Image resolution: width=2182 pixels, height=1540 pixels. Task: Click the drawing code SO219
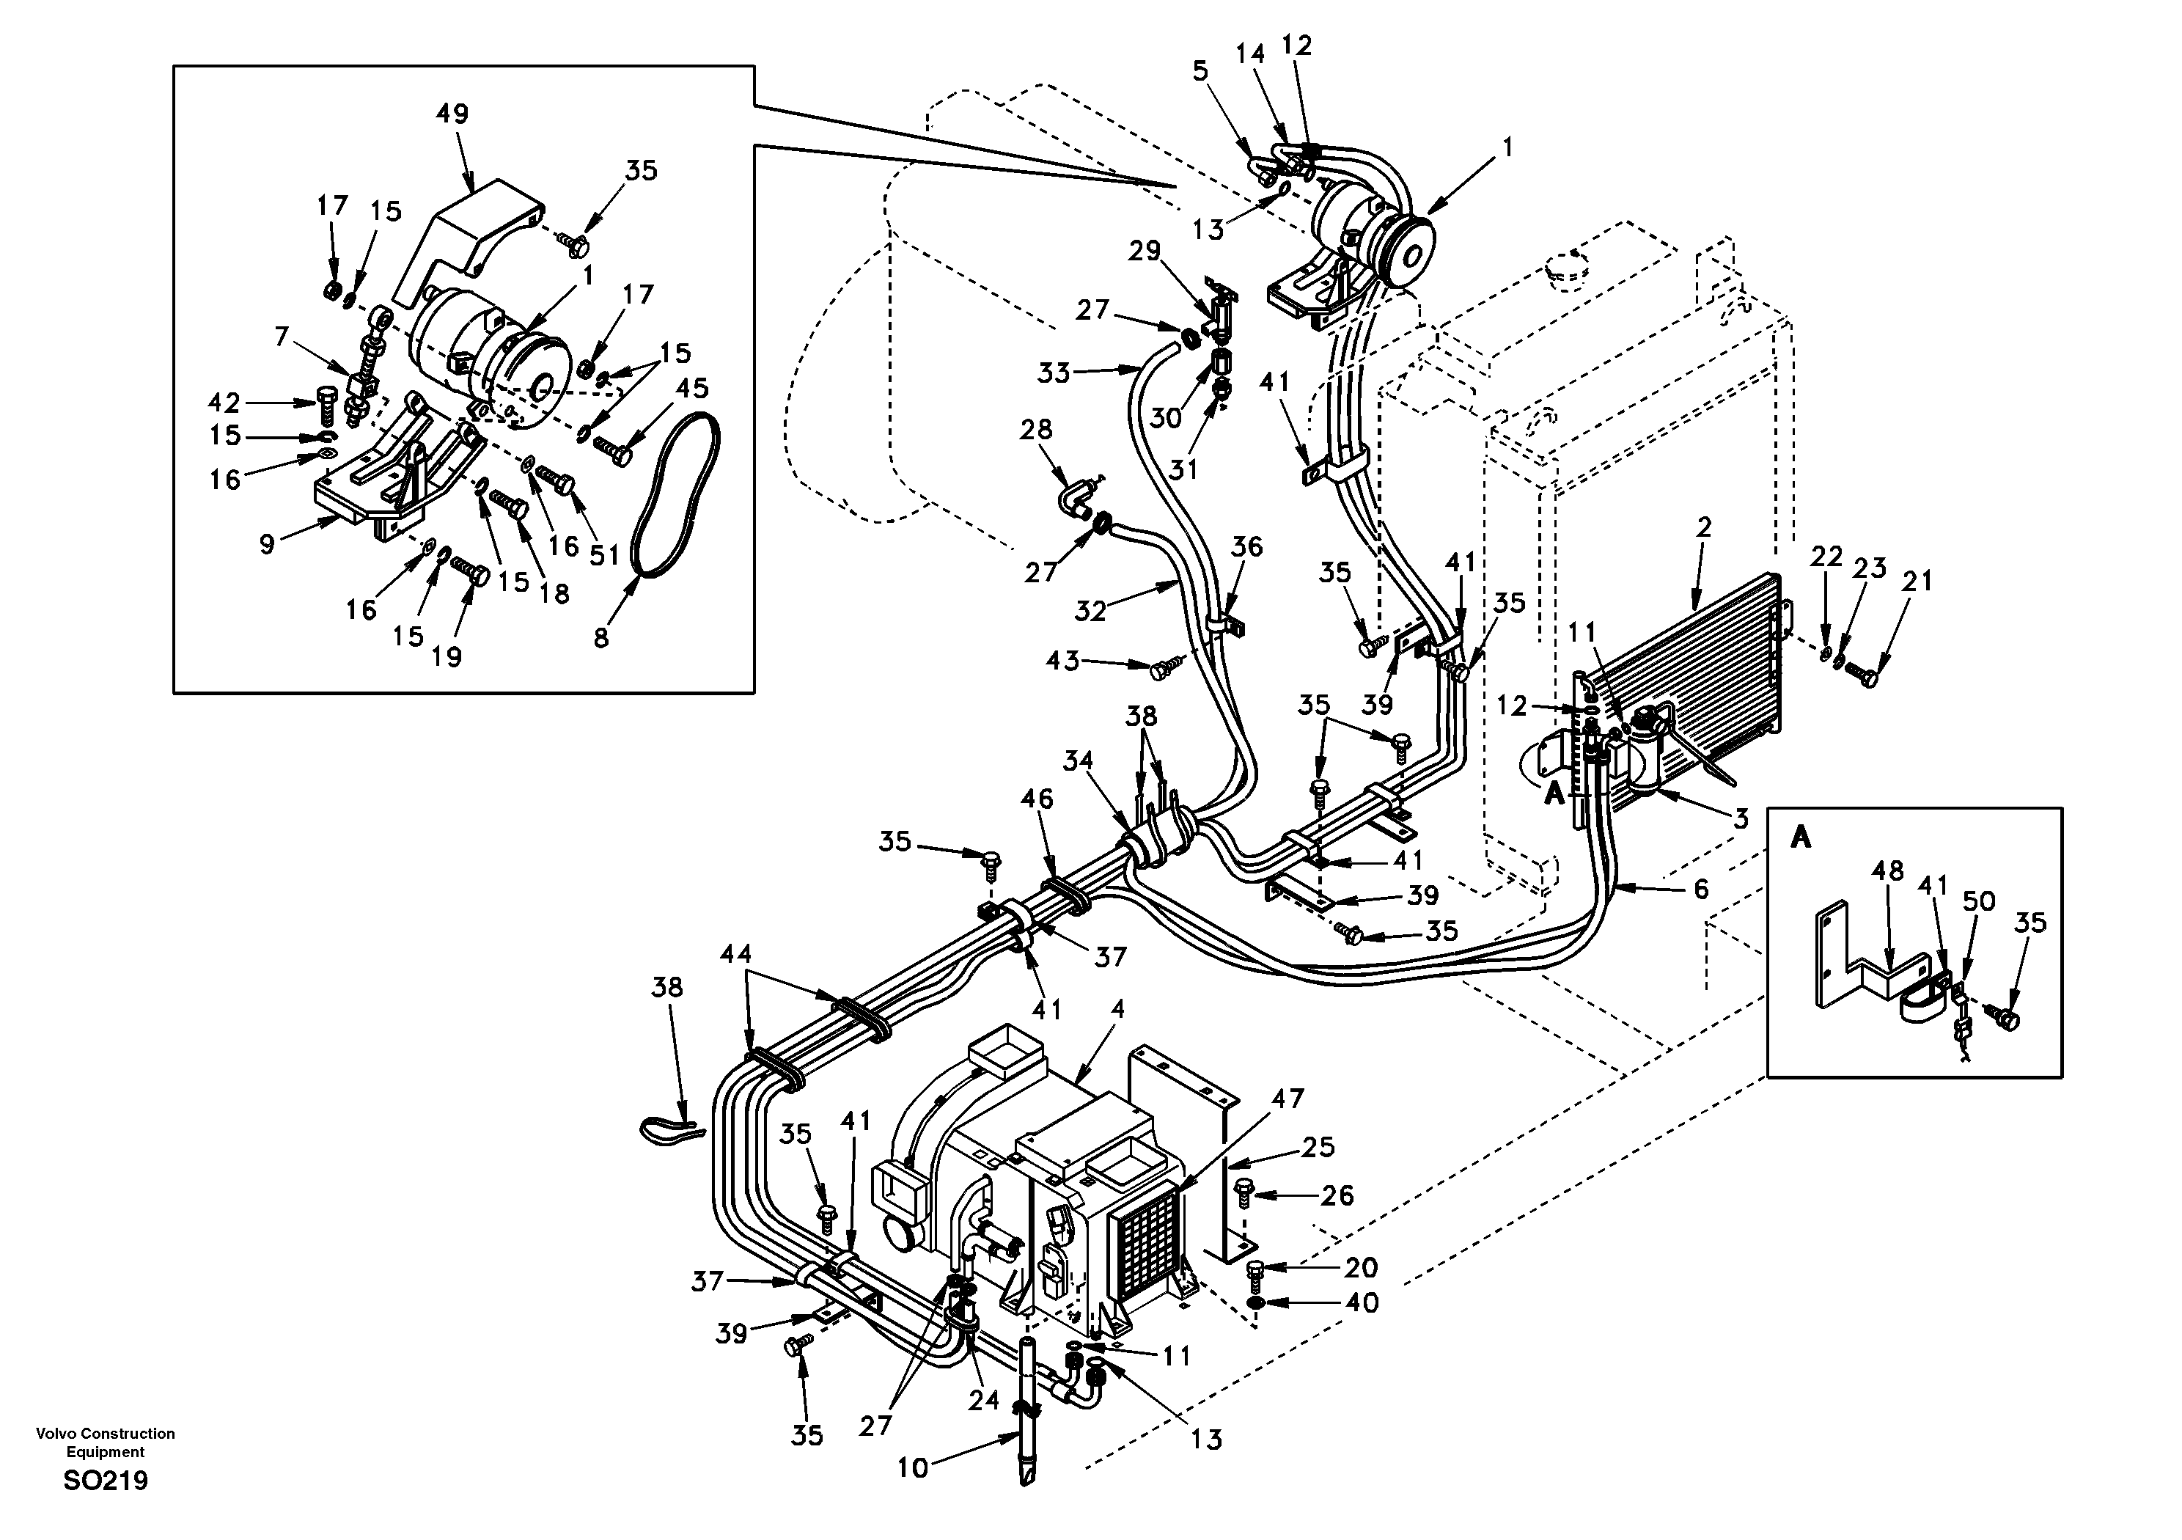[x=106, y=1481]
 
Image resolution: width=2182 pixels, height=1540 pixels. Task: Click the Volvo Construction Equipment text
[x=106, y=1442]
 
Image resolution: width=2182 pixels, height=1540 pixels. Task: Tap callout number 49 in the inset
[x=452, y=114]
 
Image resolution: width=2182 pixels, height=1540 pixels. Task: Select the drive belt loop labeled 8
[x=677, y=494]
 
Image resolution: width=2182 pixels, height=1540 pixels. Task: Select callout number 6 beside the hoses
[x=1700, y=889]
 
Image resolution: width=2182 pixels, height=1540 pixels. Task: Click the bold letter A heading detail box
[x=1800, y=838]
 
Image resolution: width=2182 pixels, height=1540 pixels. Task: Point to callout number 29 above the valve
[x=1145, y=251]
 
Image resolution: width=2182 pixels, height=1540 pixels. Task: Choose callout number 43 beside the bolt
[x=1062, y=660]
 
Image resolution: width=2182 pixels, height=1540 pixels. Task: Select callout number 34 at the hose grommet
[x=1078, y=760]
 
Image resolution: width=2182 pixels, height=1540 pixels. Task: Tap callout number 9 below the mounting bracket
[x=267, y=543]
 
